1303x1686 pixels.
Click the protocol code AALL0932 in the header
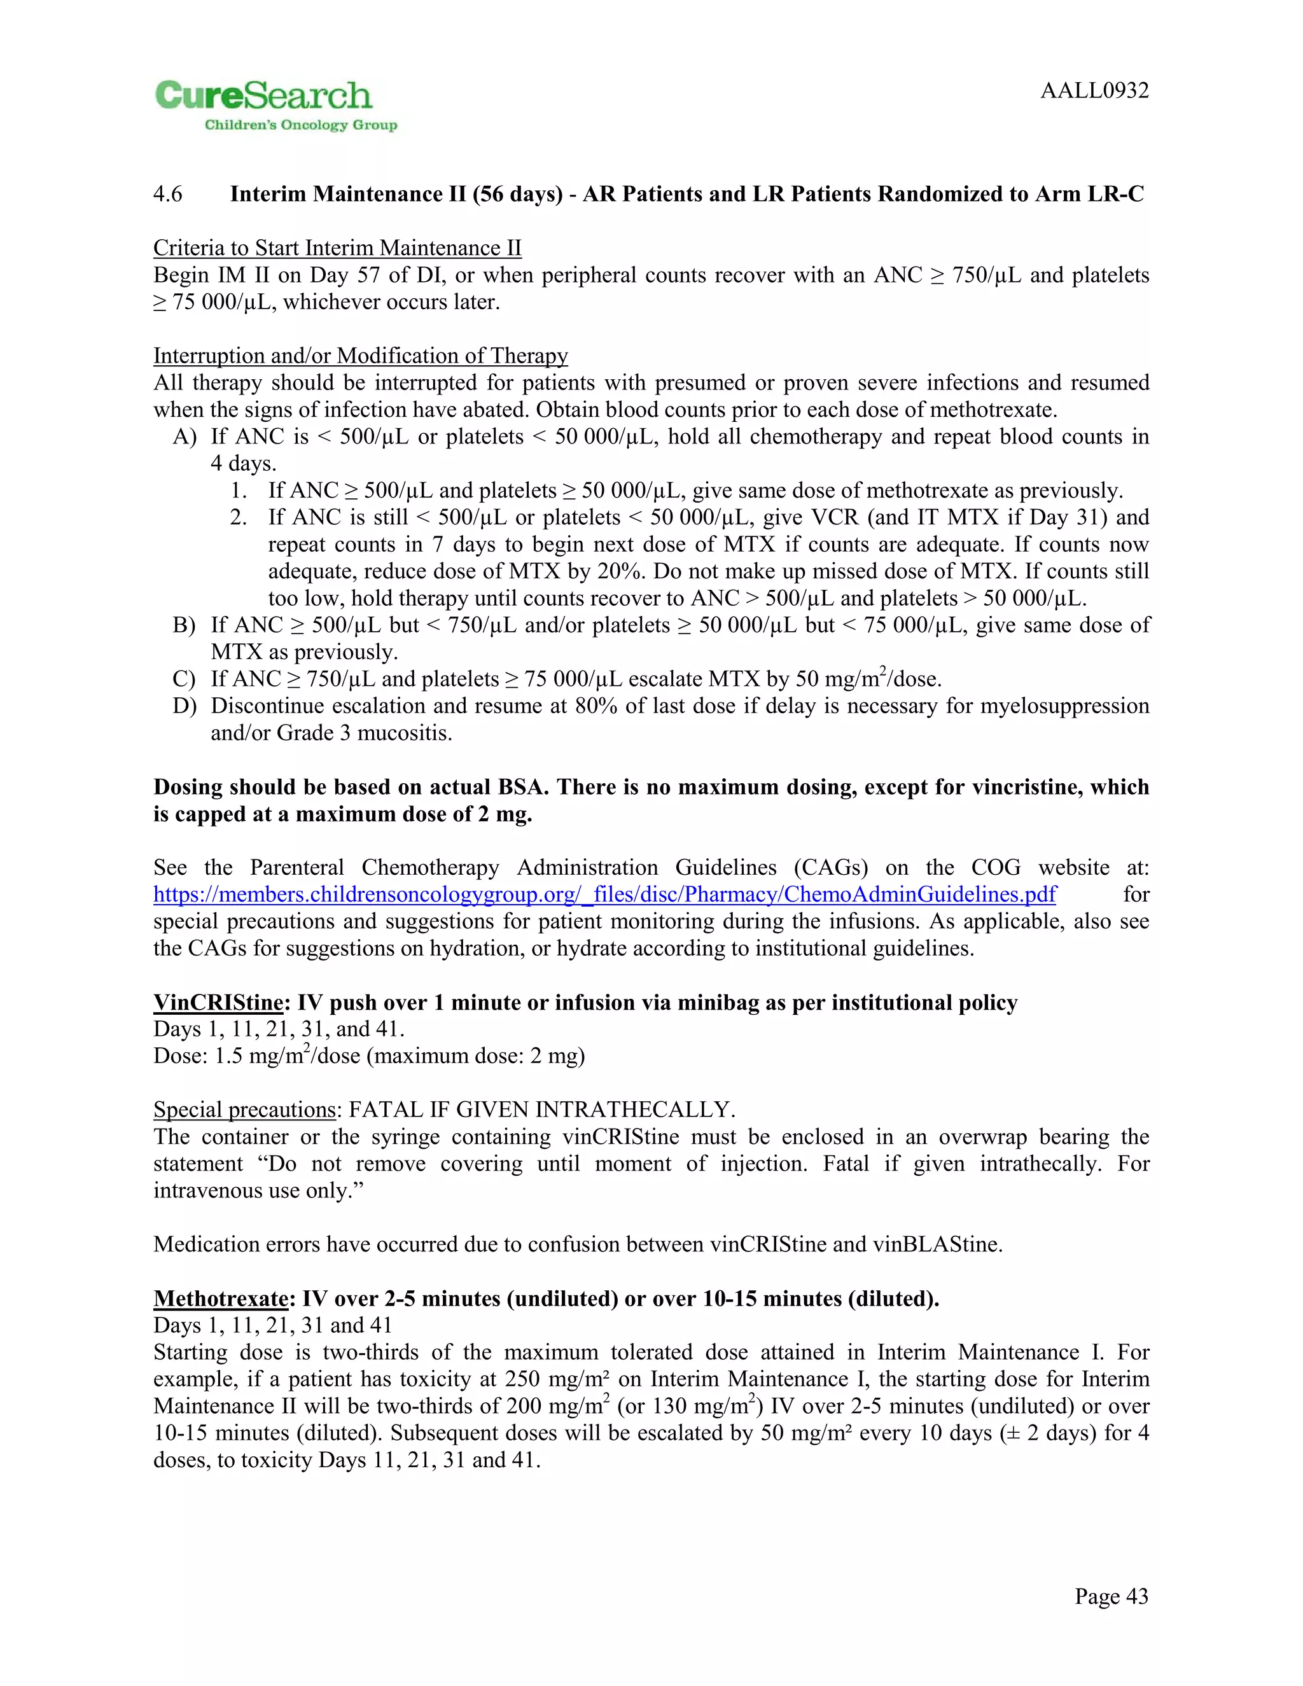tap(1094, 91)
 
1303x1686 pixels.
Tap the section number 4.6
tap(167, 194)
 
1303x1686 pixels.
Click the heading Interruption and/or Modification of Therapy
tap(361, 356)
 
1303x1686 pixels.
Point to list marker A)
tap(185, 437)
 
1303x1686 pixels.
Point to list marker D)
tap(185, 706)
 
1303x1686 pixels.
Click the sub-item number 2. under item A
tap(239, 517)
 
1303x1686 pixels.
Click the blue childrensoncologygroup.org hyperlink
tap(604, 895)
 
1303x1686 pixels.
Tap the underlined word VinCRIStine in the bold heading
tap(218, 1003)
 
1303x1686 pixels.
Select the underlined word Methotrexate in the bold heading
tap(221, 1299)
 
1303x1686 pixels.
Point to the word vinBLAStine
tap(935, 1244)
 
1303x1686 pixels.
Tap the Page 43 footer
tap(1111, 1596)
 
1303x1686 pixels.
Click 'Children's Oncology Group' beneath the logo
tap(300, 125)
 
